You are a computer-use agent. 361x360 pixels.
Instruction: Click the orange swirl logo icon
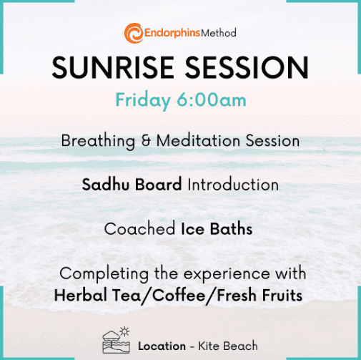[134, 33]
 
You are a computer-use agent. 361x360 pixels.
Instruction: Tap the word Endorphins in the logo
[172, 33]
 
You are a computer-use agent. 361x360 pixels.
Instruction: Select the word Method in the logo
[219, 33]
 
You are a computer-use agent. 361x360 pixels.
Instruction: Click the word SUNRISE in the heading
[113, 67]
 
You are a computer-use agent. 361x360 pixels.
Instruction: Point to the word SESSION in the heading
[247, 67]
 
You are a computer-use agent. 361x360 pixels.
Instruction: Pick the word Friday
[143, 101]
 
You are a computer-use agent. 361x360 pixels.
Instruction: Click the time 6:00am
[212, 99]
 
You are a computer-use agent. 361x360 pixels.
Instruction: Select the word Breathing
[98, 142]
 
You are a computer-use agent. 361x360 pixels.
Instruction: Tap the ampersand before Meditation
[146, 141]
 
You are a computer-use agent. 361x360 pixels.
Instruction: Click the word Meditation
[198, 141]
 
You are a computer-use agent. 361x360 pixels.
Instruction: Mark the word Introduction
[233, 185]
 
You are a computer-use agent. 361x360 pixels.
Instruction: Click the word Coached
[139, 229]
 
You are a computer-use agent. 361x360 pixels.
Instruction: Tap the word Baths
[231, 229]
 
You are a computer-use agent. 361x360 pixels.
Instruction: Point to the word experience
[227, 274]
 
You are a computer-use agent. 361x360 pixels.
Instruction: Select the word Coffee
[179, 296]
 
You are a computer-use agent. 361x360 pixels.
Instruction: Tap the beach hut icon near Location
[117, 340]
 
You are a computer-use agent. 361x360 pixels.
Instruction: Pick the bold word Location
[162, 346]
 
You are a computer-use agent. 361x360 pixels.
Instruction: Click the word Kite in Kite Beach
[207, 346]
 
